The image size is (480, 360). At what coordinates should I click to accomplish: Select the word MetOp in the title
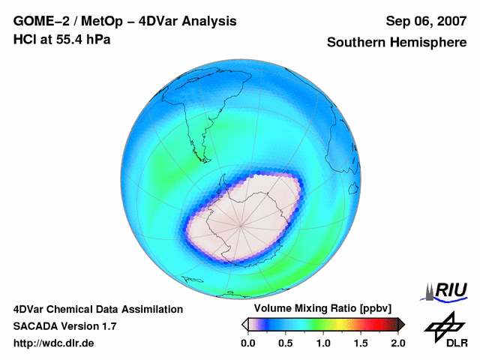click(x=97, y=22)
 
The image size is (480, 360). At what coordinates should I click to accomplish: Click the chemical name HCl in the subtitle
click(x=24, y=39)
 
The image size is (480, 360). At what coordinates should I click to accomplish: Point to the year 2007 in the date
click(x=448, y=22)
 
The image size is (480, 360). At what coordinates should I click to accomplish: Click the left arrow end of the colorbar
click(x=244, y=324)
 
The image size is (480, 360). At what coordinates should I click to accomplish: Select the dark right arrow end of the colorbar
click(x=401, y=324)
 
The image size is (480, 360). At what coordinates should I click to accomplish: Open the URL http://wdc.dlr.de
click(x=54, y=343)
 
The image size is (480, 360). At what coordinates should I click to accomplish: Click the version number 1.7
click(x=107, y=326)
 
